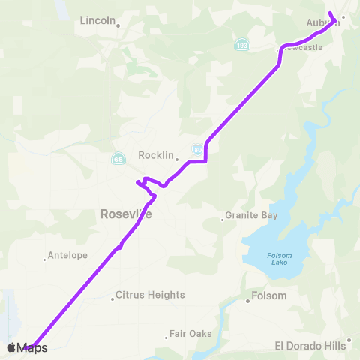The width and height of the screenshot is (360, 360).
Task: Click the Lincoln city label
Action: point(97,21)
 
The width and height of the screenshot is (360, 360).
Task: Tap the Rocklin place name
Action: point(155,156)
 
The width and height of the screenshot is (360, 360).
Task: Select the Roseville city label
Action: point(126,214)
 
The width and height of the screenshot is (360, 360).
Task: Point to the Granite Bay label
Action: point(251,215)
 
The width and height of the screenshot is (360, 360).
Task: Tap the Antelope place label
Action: point(67,255)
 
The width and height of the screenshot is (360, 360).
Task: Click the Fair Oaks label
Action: point(190,333)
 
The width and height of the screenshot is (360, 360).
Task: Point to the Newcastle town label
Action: point(303,46)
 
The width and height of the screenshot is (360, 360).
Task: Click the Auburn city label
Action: point(322,23)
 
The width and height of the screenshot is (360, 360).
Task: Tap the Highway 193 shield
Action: point(241,45)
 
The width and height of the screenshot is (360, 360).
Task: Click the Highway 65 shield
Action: point(118,159)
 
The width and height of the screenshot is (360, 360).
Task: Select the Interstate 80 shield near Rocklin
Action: point(196,149)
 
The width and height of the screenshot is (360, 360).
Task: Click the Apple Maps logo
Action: point(27,347)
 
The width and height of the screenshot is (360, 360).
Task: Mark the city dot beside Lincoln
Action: point(118,24)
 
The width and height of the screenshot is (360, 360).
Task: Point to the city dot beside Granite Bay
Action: point(223,219)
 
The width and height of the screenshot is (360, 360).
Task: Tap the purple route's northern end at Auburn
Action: point(331,12)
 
